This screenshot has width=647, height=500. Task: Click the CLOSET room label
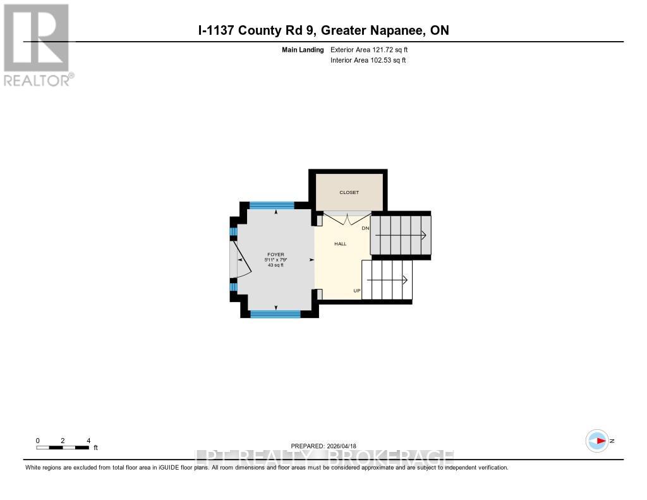349,192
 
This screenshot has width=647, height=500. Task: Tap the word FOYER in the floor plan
275,255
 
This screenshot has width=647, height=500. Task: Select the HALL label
340,243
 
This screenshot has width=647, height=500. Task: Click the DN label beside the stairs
365,228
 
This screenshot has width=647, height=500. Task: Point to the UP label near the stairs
356,291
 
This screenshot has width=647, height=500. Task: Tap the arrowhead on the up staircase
405,278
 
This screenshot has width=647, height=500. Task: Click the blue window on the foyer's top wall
272,205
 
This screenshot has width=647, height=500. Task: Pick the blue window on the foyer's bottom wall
275,314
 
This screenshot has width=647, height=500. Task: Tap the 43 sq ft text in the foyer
275,265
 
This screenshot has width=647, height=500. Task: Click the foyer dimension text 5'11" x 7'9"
275,260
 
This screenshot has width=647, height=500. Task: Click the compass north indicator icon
597,441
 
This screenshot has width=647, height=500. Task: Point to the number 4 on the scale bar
88,441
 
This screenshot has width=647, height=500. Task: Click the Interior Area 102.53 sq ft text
368,60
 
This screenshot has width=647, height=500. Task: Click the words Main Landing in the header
303,49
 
